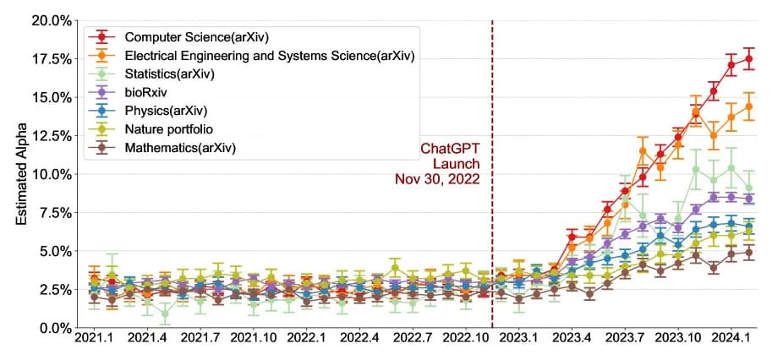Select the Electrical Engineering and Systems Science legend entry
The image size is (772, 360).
269,56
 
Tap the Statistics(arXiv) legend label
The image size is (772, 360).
169,74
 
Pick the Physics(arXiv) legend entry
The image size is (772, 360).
165,111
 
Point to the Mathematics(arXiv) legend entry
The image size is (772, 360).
179,148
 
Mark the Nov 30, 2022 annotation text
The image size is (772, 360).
437,179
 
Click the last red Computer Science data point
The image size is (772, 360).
748,59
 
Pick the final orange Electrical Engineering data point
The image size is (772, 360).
748,107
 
